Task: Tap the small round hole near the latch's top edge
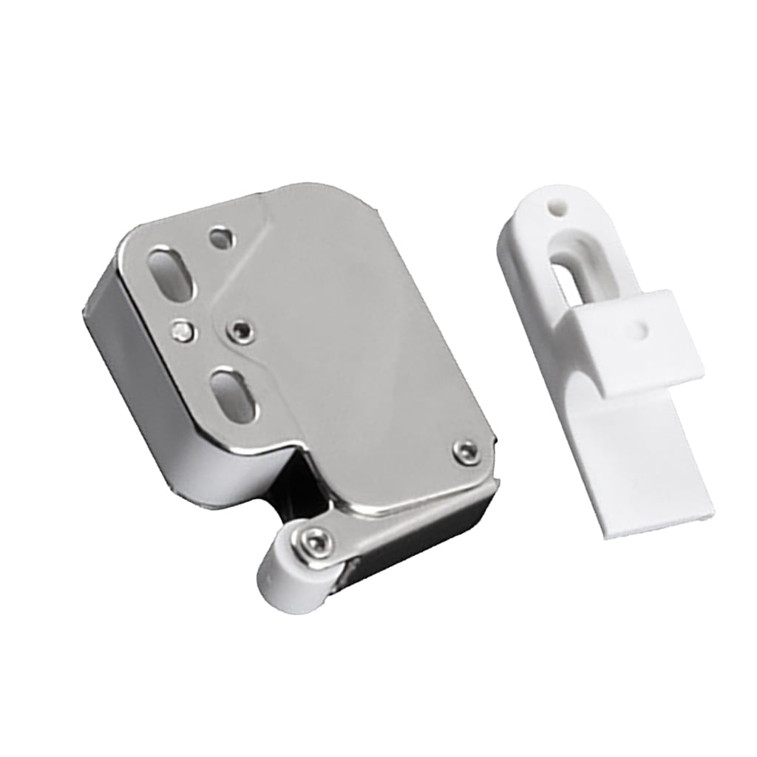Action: click(220, 237)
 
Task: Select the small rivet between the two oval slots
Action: click(180, 330)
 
